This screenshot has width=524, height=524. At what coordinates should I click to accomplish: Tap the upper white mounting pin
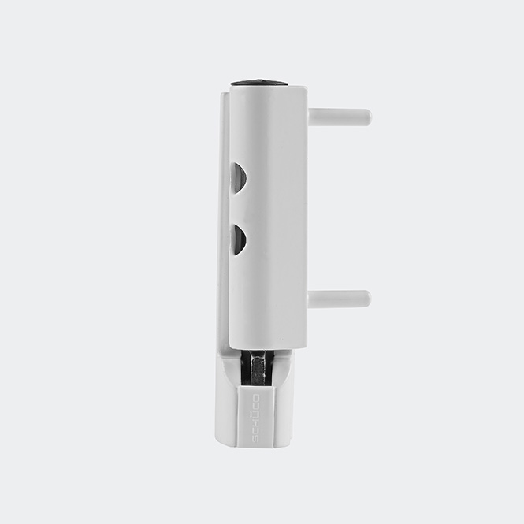coord(339,117)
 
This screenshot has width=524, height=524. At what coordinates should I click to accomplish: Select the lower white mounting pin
coord(339,299)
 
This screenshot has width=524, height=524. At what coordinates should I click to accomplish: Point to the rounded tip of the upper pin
coord(367,117)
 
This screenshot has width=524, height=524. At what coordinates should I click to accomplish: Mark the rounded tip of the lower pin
coord(366,299)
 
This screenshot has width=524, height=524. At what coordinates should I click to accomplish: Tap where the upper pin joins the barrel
coord(310,117)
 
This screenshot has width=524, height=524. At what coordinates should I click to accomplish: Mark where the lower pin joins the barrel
coord(310,299)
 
